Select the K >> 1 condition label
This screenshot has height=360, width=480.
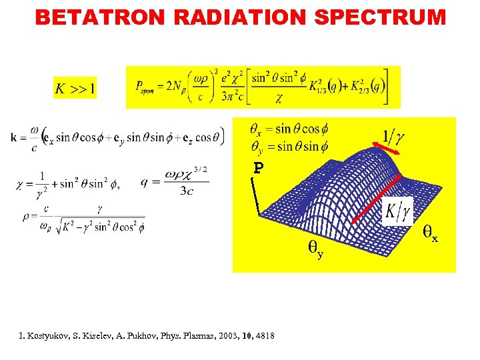[x=75, y=87]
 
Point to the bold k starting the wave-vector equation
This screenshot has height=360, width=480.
[x=15, y=138]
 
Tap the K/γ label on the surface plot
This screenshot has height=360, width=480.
[x=398, y=213]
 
